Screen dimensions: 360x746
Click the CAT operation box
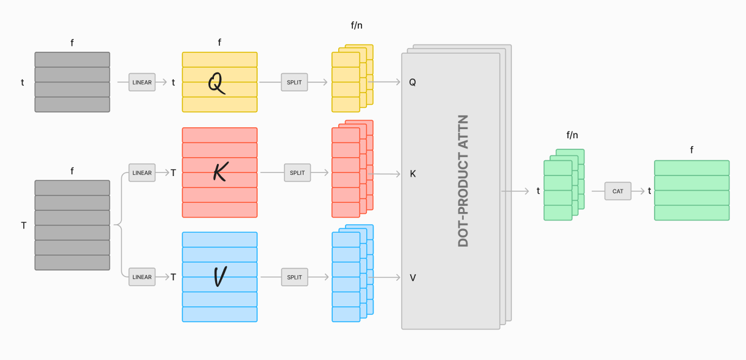coord(617,191)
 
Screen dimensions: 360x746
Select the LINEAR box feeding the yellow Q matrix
coord(142,82)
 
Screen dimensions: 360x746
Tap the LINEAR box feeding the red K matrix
coord(142,173)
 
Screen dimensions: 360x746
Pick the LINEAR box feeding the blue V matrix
coord(142,277)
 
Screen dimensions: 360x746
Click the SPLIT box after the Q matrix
coord(294,82)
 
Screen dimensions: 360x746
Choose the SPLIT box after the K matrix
coord(297,173)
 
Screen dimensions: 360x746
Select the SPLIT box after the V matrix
coord(294,277)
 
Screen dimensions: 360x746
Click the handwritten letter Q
coord(216,83)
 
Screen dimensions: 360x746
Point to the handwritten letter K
coord(220,173)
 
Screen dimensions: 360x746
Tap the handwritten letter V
coord(220,277)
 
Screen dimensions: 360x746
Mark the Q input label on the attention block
coord(413,82)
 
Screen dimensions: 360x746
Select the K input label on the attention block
coord(413,174)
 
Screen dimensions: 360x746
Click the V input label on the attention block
coord(413,278)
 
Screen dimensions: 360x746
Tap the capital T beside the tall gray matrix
coord(24,225)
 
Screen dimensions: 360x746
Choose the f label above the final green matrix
coord(692,150)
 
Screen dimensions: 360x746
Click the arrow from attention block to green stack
coord(515,191)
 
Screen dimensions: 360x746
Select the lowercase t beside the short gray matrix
coord(23,82)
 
